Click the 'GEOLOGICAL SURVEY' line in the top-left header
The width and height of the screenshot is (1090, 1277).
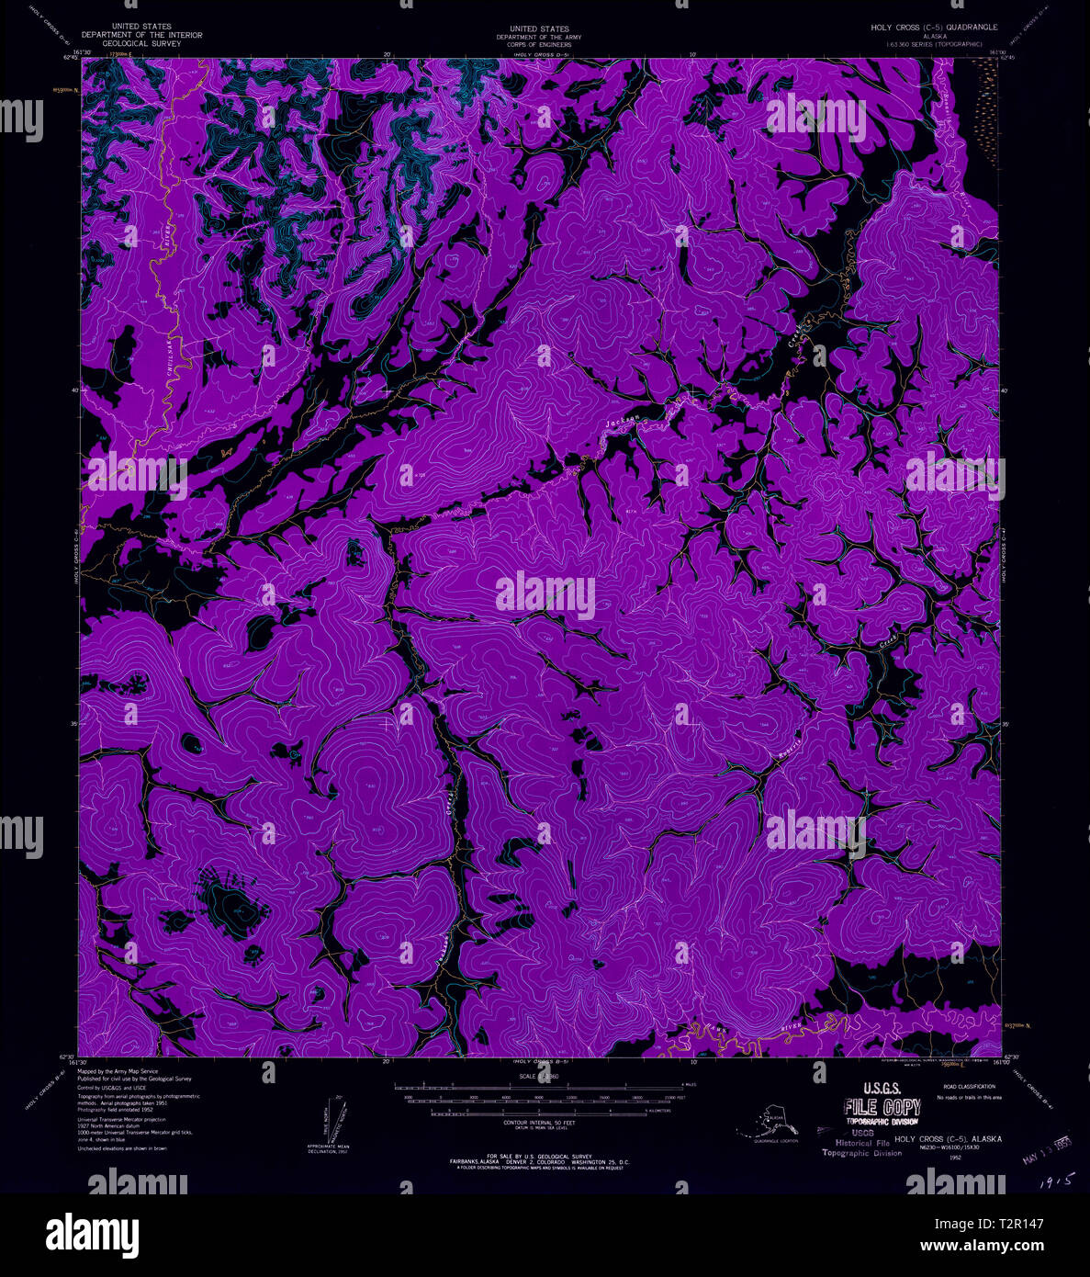(x=141, y=43)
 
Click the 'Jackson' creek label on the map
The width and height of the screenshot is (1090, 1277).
(x=623, y=421)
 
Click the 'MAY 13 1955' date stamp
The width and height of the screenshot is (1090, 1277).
(x=1047, y=1148)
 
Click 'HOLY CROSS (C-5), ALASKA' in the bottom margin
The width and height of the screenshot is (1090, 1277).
(x=948, y=1139)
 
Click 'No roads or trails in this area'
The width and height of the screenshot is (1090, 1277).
(x=968, y=1098)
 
